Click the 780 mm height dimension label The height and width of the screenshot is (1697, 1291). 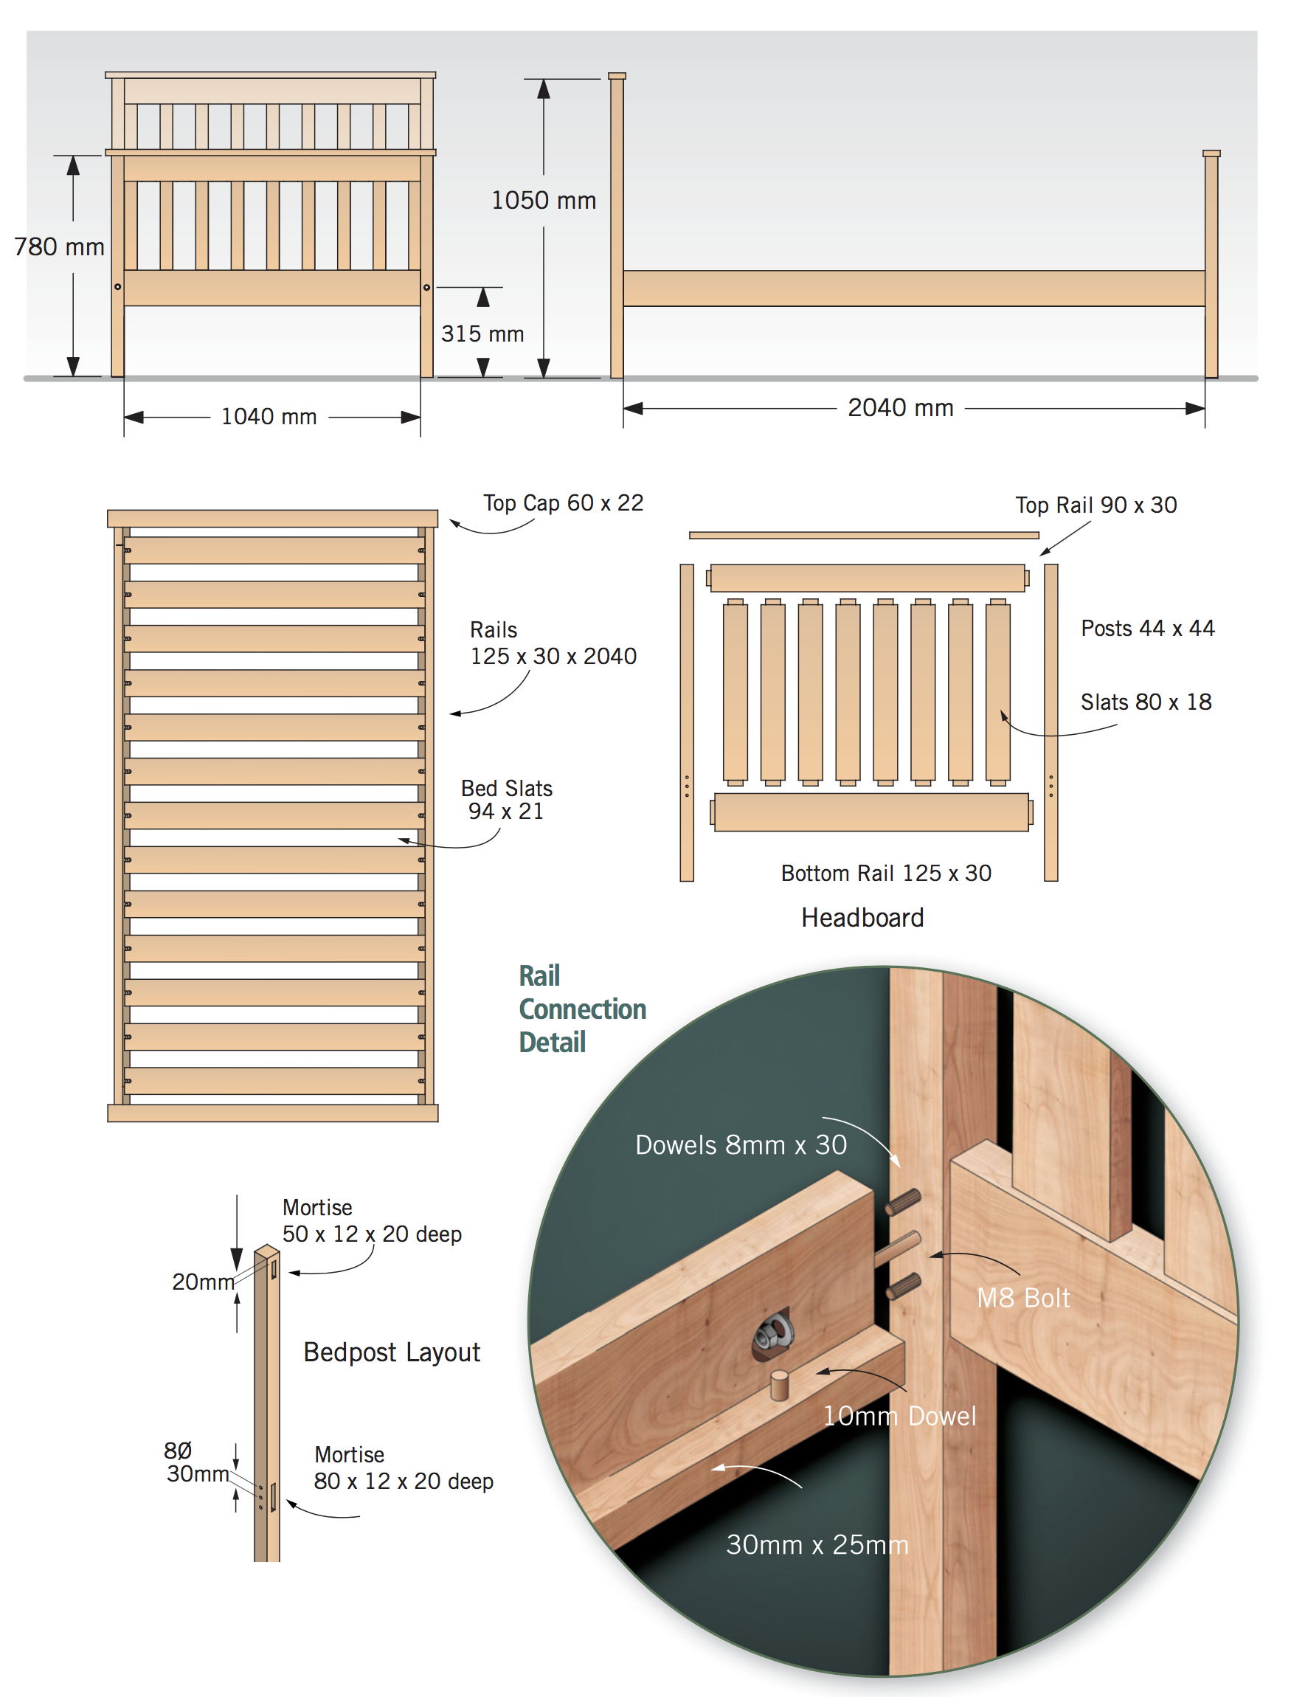coord(59,246)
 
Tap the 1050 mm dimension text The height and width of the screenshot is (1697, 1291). coord(544,201)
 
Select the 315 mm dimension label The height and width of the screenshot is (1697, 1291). coord(482,333)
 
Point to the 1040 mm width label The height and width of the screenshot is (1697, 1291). coord(269,417)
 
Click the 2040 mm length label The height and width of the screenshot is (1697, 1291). coord(901,407)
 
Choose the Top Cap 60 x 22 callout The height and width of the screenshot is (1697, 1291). coord(564,502)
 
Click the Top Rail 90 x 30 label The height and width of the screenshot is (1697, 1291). coord(1096,505)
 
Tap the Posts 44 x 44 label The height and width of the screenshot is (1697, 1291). coord(1148,628)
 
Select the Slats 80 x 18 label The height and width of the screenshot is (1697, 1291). coord(1146,702)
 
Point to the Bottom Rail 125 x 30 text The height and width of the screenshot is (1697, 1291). coord(886,873)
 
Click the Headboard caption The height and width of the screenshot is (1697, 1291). coord(862,918)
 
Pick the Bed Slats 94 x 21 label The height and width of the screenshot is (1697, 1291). coord(506,799)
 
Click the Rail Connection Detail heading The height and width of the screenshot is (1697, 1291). coord(582,1009)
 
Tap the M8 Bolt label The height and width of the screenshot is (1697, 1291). coord(1022,1298)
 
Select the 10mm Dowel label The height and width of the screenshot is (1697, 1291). coord(899,1416)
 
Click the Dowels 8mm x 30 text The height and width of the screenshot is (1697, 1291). coord(741,1145)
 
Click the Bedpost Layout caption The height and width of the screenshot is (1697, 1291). coord(392,1352)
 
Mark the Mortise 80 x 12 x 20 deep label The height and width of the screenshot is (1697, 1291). coord(404,1468)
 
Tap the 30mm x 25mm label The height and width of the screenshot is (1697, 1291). coord(817,1545)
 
